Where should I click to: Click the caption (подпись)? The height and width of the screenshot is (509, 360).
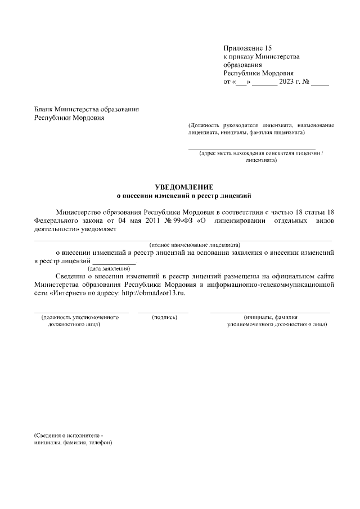tap(165, 318)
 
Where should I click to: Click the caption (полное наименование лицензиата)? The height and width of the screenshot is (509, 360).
tap(195, 245)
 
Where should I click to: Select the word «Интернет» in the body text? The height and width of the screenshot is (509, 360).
tap(62, 293)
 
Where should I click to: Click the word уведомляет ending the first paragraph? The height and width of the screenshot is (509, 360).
tap(99, 229)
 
